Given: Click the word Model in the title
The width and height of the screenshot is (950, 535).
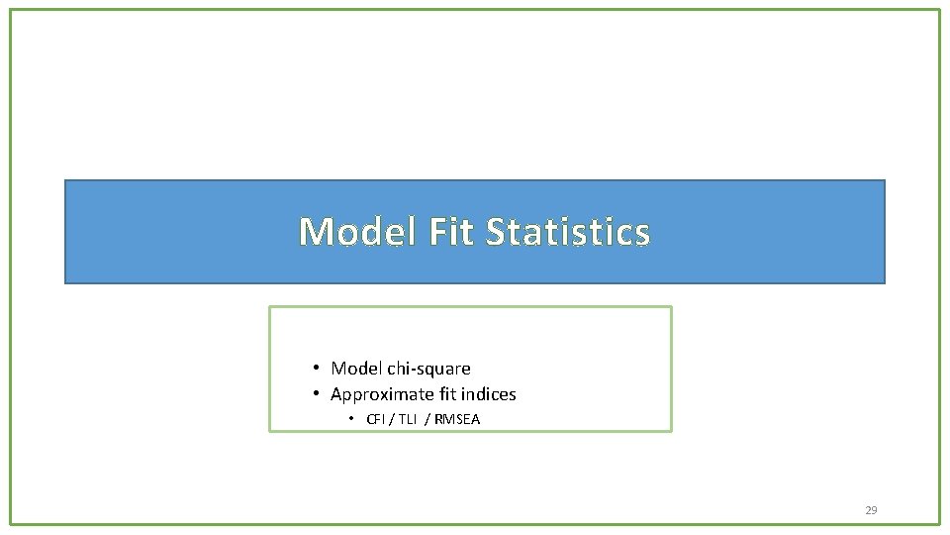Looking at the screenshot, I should pos(358,232).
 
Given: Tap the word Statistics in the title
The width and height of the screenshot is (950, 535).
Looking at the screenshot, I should pos(568,232).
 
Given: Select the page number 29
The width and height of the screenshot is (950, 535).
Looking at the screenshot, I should pos(871,510).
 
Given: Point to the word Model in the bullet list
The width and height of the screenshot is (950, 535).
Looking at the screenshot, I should pos(356,369).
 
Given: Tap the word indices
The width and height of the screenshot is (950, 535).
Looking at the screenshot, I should pos(487,394).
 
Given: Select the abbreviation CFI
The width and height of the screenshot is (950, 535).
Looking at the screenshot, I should pos(377,419).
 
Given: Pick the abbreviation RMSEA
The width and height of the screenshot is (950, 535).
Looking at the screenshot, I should pos(457,419).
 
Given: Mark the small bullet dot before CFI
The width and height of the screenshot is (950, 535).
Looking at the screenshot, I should pos(351,419).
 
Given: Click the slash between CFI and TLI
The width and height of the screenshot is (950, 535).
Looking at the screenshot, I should pos(393,419).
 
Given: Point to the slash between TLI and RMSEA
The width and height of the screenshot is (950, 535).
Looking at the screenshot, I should pos(427,419).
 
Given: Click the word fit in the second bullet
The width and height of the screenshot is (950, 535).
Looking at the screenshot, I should pos(446,394).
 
